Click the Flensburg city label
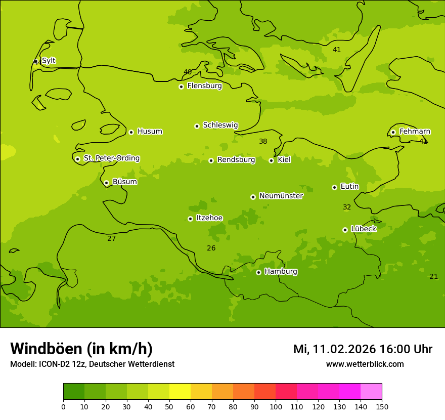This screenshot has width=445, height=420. pos(204,86)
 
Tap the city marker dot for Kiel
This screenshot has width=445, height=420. pos(271,160)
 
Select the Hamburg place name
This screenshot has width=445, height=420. pos(281,272)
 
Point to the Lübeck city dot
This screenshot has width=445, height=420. pos(345,230)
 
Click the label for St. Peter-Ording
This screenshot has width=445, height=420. pos(111,158)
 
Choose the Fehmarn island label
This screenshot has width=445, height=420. pos(415,132)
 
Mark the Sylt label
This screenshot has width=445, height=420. pos(49,61)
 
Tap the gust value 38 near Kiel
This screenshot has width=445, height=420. pos(263,142)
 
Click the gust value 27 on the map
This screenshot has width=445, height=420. pos(111,238)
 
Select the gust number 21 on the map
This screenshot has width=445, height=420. pos(433,276)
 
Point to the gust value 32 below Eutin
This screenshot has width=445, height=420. pos(347,207)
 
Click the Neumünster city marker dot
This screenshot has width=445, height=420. pos(253,197)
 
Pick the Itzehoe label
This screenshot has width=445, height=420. pos(209,218)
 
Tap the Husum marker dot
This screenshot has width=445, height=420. pos(131,132)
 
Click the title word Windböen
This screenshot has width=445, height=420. pos(46,349)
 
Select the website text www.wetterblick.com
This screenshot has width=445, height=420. pos(365,364)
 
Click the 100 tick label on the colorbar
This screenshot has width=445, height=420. pos(276,406)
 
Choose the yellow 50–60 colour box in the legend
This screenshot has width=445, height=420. pos(180,392)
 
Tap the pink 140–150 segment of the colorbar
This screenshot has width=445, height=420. pos(371,392)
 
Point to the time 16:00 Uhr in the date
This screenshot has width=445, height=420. pos(406,349)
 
